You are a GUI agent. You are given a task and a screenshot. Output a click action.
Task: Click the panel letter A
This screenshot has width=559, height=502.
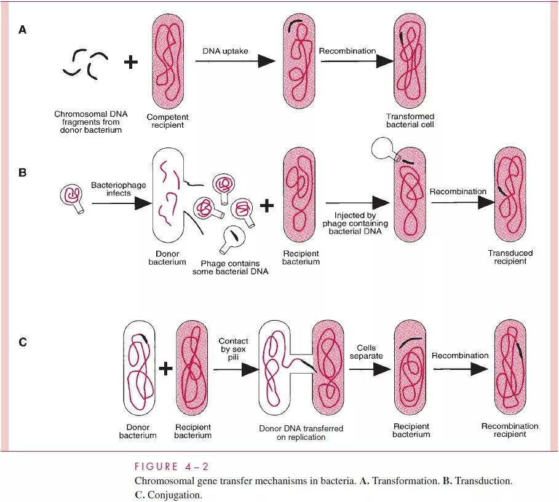23,29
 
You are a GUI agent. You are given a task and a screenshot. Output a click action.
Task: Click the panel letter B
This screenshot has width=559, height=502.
23,173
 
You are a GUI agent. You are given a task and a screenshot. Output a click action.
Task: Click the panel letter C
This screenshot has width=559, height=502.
23,342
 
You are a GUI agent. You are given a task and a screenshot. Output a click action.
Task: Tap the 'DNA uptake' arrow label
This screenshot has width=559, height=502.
226,51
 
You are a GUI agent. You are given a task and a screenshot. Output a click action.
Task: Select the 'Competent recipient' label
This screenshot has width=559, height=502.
167,121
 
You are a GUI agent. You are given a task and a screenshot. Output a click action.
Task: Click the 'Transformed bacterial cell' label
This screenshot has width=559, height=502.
410,120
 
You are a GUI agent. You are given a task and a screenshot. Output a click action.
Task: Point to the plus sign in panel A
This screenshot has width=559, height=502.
131,62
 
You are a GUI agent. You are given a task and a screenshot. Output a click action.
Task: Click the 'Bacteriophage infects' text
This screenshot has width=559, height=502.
111,189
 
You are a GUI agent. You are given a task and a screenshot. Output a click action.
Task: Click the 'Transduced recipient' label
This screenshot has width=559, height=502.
510,257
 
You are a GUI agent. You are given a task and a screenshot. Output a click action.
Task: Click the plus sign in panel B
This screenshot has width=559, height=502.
266,206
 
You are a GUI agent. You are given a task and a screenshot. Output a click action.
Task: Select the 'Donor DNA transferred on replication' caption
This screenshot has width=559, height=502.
301,433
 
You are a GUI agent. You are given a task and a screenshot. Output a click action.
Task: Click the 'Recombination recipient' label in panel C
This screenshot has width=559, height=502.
510,430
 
